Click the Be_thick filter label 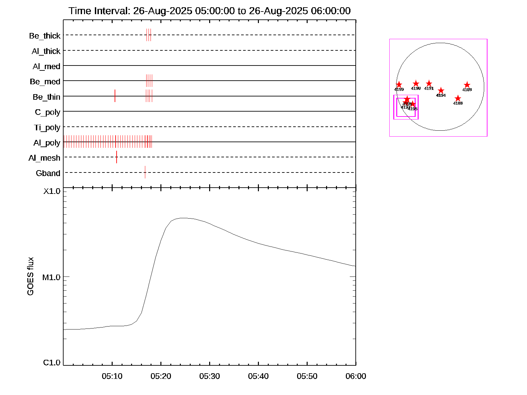[x=45, y=36]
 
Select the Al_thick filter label [x=46, y=51]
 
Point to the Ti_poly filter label [x=47, y=128]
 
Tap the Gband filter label [x=48, y=173]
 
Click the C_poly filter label [x=48, y=112]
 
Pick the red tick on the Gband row [x=145, y=172]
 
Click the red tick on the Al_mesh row [x=117, y=157]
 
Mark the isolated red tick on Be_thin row [x=115, y=96]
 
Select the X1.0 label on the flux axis [x=52, y=191]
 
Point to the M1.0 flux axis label [x=51, y=277]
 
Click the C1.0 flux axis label [x=52, y=363]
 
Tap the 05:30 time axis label [x=209, y=376]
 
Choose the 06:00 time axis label [x=356, y=376]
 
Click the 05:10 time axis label [x=112, y=376]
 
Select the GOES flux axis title [x=30, y=276]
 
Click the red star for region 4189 [x=467, y=85]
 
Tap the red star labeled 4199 [x=399, y=85]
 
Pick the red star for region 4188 [x=458, y=98]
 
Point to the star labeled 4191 [x=429, y=84]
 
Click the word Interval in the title [x=112, y=11]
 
